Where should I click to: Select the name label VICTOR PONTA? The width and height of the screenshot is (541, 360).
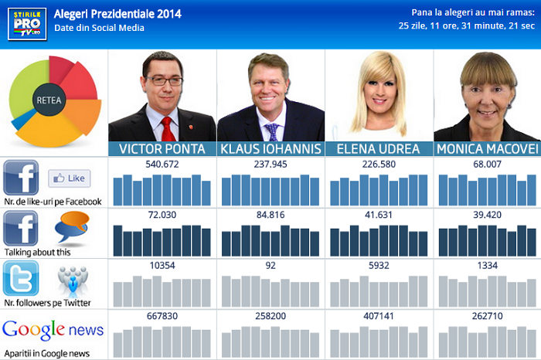click(x=162, y=149)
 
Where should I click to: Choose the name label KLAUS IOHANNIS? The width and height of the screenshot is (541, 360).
click(x=270, y=149)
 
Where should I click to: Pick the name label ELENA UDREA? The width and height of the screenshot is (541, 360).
click(x=379, y=149)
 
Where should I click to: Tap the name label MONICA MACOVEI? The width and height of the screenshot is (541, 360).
click(x=487, y=149)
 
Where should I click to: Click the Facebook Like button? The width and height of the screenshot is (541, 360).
click(x=70, y=178)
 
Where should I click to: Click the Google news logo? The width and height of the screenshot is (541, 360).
click(x=53, y=331)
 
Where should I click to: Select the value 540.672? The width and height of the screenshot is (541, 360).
click(x=162, y=164)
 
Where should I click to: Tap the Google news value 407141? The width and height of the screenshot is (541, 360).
click(x=378, y=316)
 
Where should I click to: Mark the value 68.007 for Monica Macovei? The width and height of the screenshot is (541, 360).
click(x=486, y=164)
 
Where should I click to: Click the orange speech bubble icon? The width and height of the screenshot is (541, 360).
click(x=72, y=227)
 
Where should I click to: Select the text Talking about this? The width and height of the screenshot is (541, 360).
click(x=37, y=252)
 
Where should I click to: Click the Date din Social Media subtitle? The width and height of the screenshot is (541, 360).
click(x=99, y=28)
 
